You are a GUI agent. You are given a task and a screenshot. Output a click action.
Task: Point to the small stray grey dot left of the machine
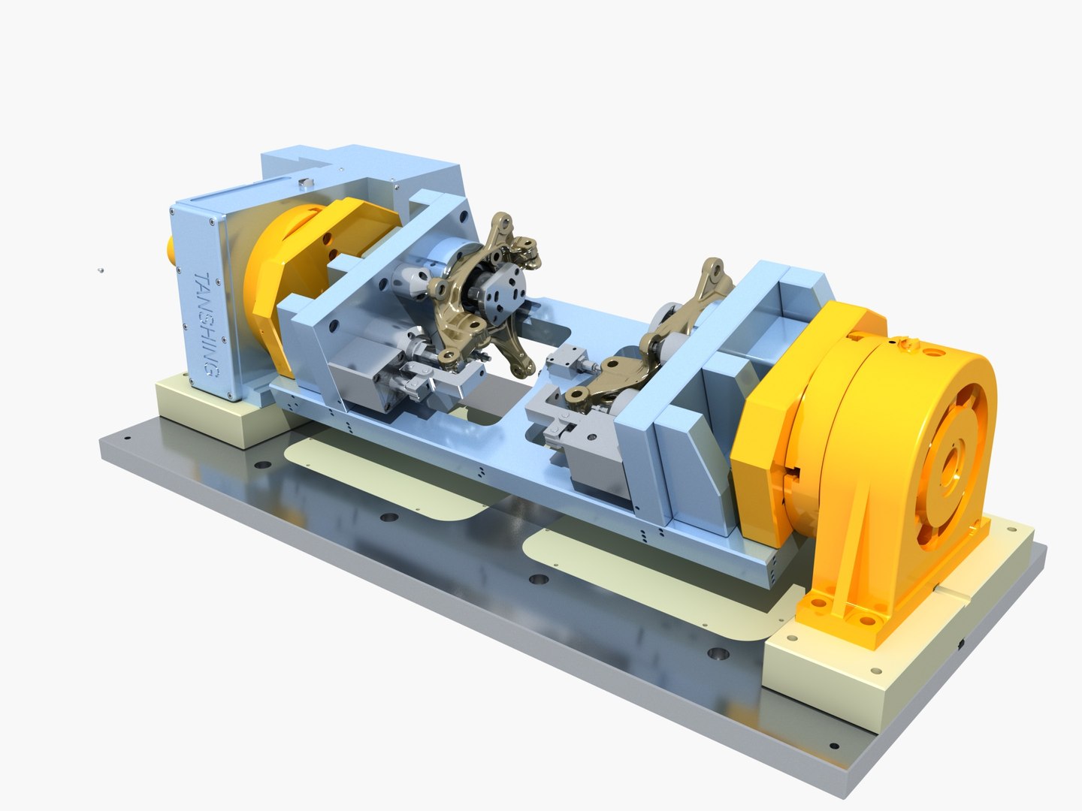[101, 270]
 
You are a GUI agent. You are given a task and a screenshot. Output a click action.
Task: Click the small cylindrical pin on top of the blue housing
[304, 182]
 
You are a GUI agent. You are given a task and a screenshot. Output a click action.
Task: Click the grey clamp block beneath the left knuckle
[372, 372]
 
